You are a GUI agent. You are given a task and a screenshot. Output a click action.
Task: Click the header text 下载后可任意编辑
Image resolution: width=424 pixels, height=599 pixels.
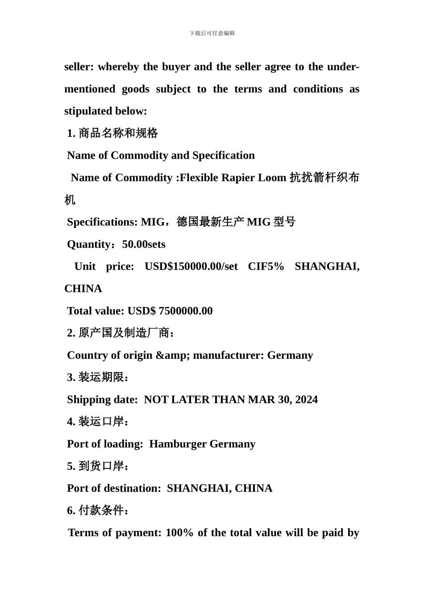212,33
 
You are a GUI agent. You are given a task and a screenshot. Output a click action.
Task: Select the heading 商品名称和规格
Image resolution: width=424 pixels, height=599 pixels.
118,133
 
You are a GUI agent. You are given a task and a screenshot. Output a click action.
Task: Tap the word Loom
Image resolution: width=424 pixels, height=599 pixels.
272,178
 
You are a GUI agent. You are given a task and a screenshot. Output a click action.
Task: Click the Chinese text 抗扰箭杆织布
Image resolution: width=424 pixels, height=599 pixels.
324,178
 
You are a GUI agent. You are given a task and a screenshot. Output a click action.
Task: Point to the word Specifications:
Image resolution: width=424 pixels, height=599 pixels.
102,222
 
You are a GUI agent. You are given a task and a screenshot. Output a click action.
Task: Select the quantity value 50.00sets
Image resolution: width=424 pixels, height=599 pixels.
144,244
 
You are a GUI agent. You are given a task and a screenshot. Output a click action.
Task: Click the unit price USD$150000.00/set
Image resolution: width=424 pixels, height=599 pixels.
191,267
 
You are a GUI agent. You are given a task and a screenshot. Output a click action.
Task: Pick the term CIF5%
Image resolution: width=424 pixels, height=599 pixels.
266,267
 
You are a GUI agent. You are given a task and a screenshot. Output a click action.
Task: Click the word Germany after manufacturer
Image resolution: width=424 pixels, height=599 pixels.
290,355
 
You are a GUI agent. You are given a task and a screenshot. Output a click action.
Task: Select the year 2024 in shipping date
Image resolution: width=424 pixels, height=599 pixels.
306,400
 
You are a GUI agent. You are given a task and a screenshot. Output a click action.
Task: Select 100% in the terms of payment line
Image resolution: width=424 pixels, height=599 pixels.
179,533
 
